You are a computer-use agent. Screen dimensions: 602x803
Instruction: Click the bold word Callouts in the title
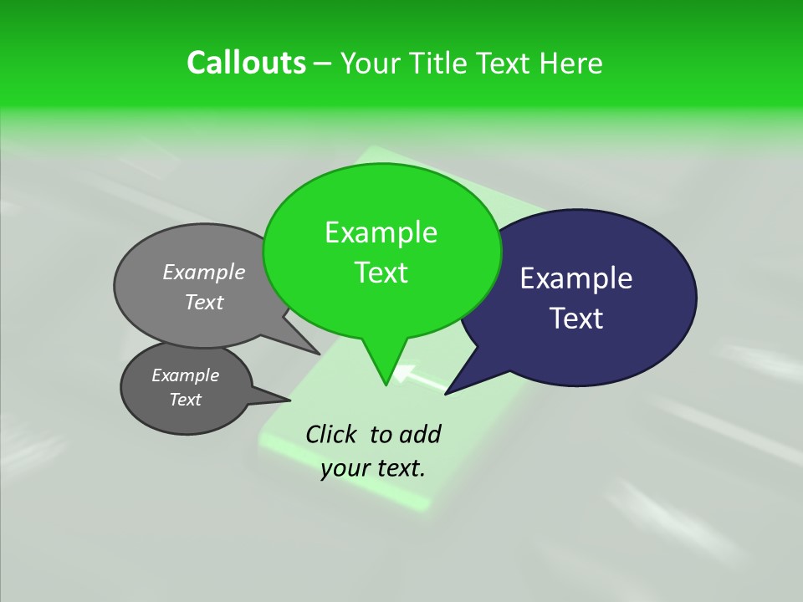[247, 63]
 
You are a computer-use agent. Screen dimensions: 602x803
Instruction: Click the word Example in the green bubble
[381, 232]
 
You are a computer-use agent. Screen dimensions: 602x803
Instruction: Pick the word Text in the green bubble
[381, 273]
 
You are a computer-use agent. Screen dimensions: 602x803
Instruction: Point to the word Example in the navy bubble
[576, 278]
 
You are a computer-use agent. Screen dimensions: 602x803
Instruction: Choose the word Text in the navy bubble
[576, 319]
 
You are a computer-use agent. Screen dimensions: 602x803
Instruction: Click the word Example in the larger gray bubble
[204, 272]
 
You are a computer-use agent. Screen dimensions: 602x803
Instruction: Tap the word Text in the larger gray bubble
[204, 302]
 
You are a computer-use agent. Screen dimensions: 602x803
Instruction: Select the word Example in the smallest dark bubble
[185, 375]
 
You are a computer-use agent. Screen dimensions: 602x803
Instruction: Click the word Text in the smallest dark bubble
[185, 400]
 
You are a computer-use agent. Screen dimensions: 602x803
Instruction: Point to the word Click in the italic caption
[333, 434]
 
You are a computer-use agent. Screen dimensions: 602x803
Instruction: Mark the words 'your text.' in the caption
[373, 468]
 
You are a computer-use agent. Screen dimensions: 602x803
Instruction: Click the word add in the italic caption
[421, 434]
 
